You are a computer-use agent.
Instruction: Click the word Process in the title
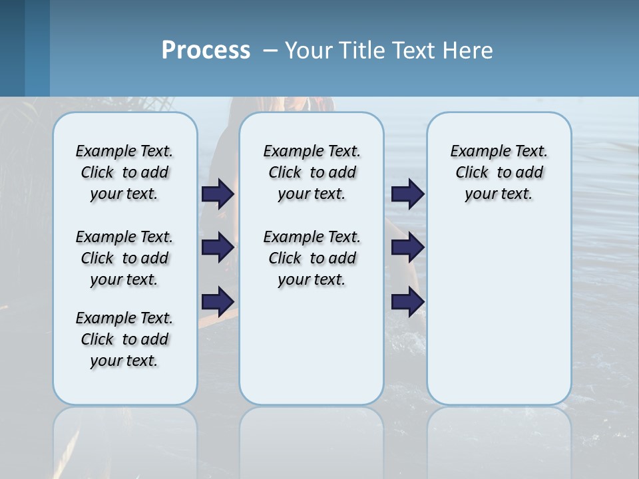click(206, 51)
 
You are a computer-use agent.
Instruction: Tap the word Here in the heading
click(469, 51)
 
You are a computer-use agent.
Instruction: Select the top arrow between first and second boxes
click(218, 194)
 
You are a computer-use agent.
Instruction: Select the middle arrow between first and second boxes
click(218, 247)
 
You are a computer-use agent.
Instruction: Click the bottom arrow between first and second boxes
click(218, 301)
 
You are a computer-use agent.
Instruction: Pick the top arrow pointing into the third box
click(407, 194)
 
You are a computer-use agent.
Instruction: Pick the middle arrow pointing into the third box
click(407, 247)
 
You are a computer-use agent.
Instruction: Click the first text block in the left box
click(124, 172)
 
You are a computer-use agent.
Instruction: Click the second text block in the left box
click(124, 258)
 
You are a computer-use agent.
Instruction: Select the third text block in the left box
click(124, 339)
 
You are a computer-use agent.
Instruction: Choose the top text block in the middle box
click(312, 172)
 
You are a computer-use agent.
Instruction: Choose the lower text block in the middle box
click(312, 258)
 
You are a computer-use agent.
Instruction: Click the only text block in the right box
click(499, 172)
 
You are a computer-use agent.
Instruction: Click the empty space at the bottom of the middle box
click(312, 353)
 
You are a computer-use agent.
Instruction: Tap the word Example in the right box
click(476, 152)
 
